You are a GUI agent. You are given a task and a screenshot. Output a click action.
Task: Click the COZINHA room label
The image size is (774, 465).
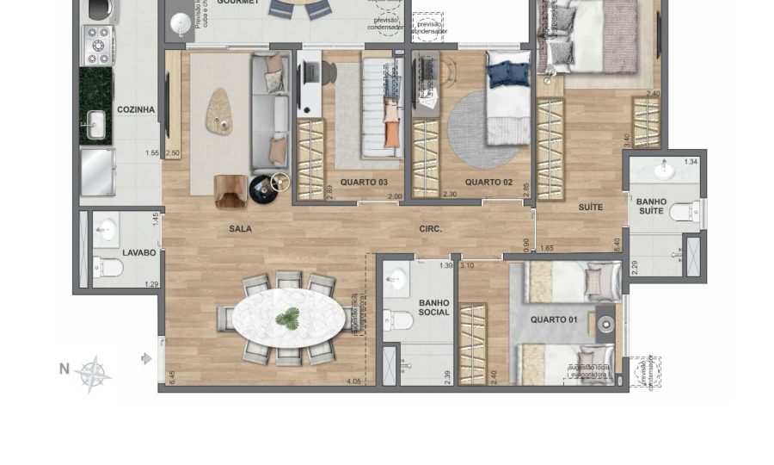[136, 109]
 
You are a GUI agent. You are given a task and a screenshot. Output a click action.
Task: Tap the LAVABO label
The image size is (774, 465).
[138, 252]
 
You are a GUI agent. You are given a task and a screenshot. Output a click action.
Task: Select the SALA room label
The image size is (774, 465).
[240, 229]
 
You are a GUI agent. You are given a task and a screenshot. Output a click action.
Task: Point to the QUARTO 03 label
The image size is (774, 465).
[364, 183]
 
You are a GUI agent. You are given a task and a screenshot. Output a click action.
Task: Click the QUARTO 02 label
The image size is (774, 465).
[483, 183]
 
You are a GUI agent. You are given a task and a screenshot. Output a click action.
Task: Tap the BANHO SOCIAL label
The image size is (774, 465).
[434, 308]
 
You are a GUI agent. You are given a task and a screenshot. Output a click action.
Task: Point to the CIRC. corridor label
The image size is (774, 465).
[430, 229]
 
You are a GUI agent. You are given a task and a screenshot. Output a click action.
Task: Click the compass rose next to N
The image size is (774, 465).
[92, 374]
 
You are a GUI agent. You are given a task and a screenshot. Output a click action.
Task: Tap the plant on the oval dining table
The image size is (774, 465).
[287, 319]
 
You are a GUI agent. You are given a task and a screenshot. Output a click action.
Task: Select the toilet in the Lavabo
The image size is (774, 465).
[108, 268]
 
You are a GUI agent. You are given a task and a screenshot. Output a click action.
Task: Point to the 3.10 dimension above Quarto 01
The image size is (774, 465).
[468, 266]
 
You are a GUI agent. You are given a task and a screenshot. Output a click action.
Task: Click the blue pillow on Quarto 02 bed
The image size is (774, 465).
[509, 73]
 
